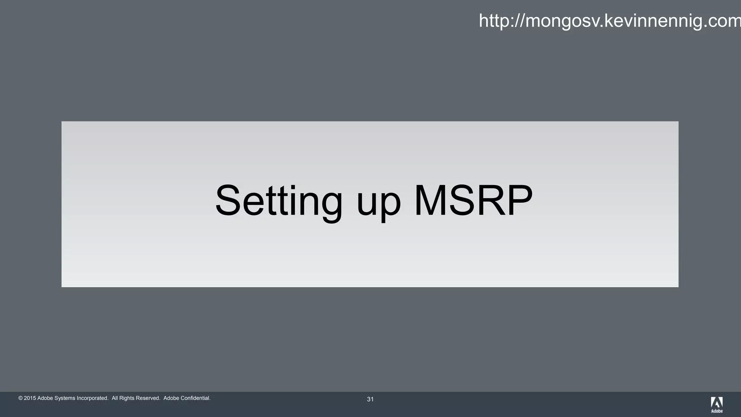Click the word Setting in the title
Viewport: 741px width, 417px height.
coord(279,201)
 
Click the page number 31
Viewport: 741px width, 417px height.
coord(370,399)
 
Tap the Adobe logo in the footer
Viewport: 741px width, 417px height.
coord(717,404)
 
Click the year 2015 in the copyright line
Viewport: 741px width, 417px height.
coord(30,398)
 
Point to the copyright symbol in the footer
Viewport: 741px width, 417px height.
coord(21,398)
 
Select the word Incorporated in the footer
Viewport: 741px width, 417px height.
coord(92,398)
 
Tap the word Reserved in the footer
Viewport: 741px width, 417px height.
coord(148,398)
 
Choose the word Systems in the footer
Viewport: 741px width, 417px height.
coord(65,398)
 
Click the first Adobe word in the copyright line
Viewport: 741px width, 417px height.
coord(45,398)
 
